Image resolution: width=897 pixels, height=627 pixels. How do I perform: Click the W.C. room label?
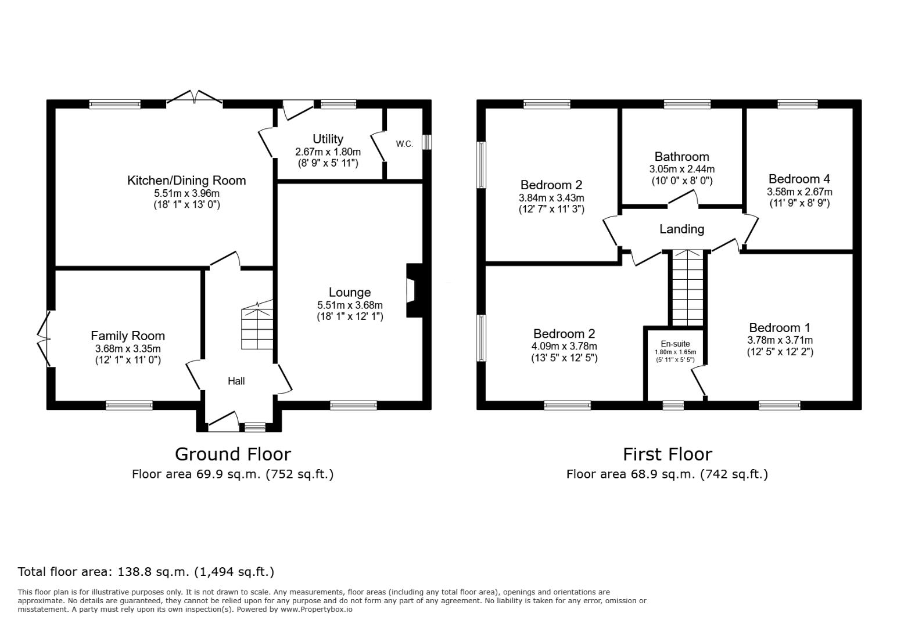pos(404,144)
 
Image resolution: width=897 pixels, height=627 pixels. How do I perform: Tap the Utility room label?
pos(328,139)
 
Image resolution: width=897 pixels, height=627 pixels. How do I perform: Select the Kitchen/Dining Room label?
pos(186,181)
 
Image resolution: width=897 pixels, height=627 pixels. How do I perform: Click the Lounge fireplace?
pos(415,290)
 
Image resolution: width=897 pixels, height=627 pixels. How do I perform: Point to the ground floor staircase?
pos(257,325)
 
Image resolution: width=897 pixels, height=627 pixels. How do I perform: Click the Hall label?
pos(236,381)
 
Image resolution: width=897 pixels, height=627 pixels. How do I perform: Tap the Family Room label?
pos(128,336)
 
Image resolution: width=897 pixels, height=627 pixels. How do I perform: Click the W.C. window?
pos(427,142)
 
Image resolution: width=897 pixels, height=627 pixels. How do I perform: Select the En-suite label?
pos(675,344)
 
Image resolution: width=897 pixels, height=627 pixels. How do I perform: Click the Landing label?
pos(681,229)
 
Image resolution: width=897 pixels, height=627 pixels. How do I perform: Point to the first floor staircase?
pos(688,288)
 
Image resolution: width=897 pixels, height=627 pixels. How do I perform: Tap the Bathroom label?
pos(681,156)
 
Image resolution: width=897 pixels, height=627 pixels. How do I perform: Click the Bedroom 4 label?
pos(799,178)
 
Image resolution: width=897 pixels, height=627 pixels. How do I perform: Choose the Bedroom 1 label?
pos(780,327)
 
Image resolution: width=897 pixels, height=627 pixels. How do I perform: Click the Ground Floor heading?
pos(232,455)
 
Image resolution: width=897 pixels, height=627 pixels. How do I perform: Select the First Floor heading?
pos(668,455)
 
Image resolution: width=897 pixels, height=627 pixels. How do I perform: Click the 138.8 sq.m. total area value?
pos(153,572)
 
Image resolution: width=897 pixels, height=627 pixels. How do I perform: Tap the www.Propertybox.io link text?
pos(317,610)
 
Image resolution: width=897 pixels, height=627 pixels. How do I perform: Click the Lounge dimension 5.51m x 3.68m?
pos(350,305)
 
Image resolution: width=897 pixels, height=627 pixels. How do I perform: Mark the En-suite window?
pos(673,405)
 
